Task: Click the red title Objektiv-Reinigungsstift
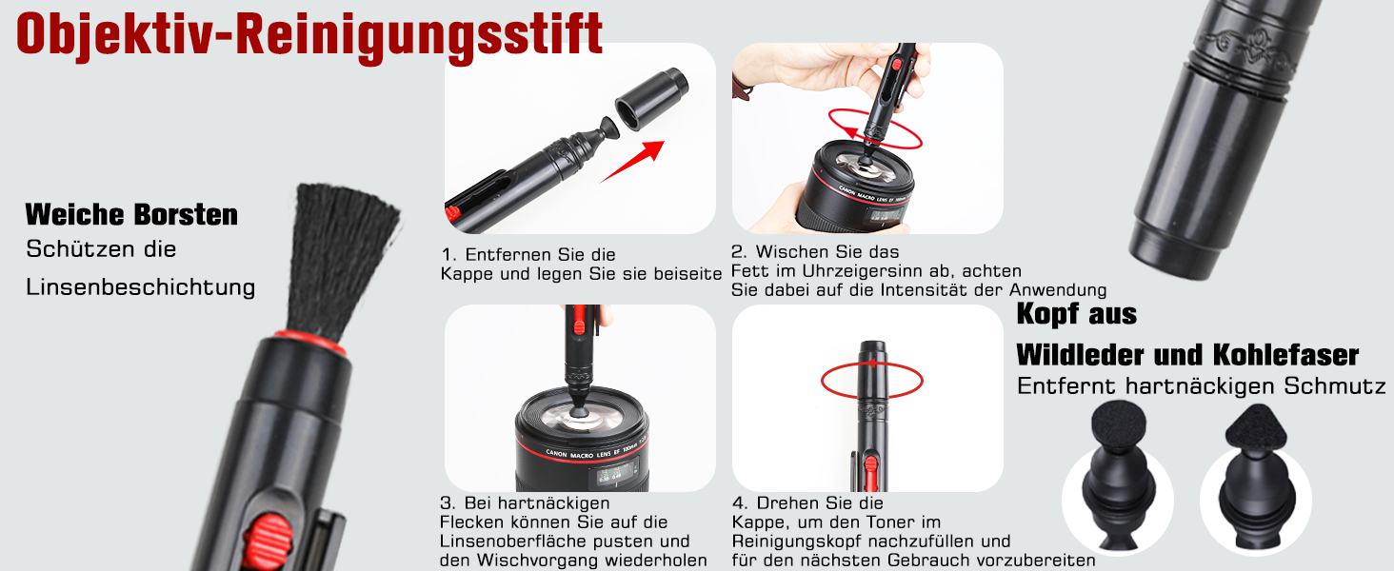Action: [x=309, y=36]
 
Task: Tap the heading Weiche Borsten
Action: [x=131, y=214]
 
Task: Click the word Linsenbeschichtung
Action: [x=141, y=287]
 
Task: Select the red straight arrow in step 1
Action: [x=632, y=162]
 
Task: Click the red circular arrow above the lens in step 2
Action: [x=874, y=129]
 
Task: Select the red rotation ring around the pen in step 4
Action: [x=871, y=380]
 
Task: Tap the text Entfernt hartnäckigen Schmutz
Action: [x=1201, y=386]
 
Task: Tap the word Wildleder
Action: [x=1081, y=355]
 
